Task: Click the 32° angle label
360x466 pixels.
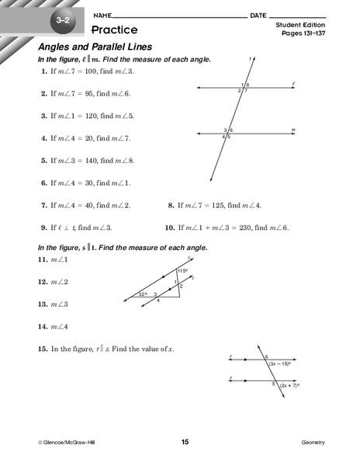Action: tap(142, 294)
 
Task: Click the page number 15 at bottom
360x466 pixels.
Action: tap(185, 442)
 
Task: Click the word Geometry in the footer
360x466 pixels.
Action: tap(313, 442)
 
